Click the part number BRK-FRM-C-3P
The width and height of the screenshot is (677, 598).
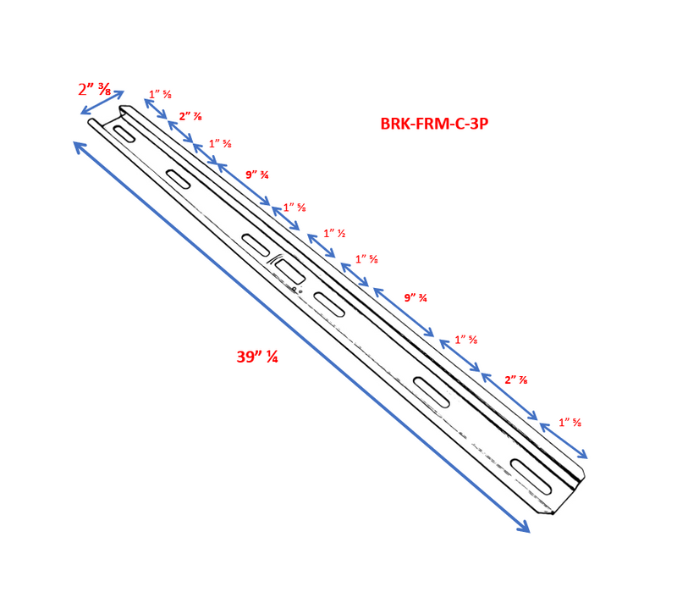(433, 124)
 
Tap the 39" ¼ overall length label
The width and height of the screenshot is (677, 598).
(257, 357)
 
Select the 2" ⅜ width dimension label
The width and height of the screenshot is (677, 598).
(94, 89)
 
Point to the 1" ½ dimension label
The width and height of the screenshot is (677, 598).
(334, 234)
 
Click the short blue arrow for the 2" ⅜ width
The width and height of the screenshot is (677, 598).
(102, 102)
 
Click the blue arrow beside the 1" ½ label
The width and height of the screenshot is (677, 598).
(322, 246)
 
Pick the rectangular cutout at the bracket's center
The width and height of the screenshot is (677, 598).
(289, 271)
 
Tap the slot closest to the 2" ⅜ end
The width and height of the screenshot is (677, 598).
(124, 134)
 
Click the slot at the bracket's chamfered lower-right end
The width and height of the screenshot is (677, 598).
(531, 478)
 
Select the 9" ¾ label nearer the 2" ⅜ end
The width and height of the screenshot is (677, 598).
(256, 175)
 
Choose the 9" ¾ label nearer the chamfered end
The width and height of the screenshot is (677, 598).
(416, 297)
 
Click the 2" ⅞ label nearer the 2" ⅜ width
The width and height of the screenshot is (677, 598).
(190, 116)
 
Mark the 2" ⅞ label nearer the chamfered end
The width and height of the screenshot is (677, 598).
(516, 379)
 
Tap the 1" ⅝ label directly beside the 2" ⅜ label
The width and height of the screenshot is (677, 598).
(161, 94)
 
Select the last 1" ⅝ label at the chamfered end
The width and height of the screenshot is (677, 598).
(570, 422)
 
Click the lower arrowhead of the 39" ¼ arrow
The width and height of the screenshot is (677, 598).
(526, 530)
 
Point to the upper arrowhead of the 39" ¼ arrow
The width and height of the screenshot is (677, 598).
(77, 145)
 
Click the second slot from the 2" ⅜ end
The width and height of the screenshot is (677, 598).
(179, 179)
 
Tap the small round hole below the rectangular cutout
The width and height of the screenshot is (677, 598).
(294, 290)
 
